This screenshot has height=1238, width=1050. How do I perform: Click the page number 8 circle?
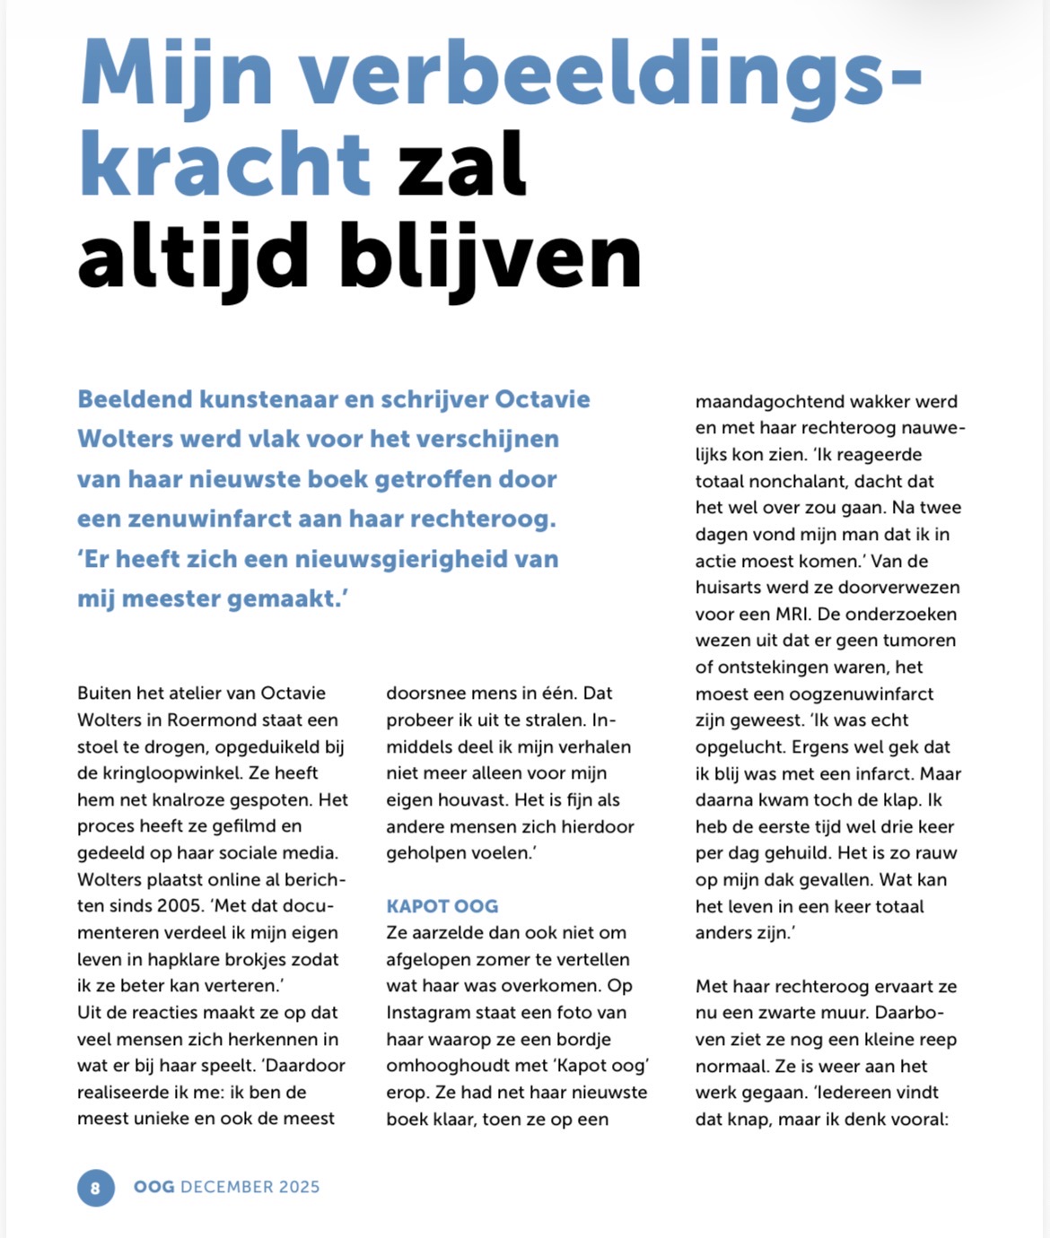point(95,1189)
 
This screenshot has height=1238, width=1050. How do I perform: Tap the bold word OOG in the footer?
point(154,1187)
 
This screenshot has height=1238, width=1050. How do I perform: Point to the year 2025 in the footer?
point(299,1187)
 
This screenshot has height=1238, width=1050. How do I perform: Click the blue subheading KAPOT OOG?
point(442,906)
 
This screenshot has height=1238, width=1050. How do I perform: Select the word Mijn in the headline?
point(176,72)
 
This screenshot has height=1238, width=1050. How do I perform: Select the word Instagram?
point(429,1012)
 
